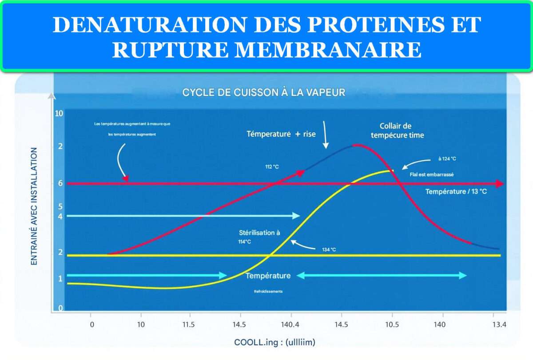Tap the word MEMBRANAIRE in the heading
point(328,50)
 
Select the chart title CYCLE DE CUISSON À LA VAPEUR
point(264,93)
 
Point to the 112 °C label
point(273,167)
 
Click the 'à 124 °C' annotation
point(447,159)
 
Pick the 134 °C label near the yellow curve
point(329,250)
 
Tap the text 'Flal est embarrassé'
point(431,174)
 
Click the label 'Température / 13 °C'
point(456,192)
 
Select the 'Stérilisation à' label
point(260,233)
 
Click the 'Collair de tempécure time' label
point(402,131)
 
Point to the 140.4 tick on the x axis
point(290,324)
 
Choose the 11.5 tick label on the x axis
point(188,324)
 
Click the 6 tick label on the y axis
point(60,183)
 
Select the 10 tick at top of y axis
point(59,113)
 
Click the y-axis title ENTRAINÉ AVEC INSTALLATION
point(34,206)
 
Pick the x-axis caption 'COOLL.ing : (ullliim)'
point(274,342)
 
